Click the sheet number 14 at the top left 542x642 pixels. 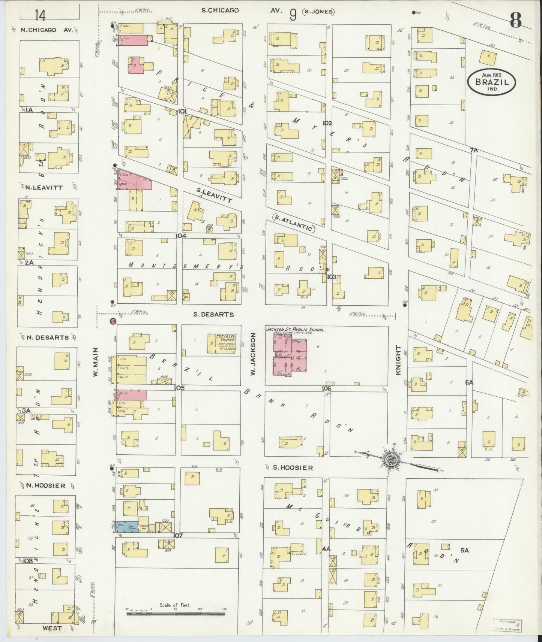click(40, 15)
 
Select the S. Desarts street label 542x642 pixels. click(213, 315)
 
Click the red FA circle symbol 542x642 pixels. click(112, 321)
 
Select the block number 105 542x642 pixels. click(179, 388)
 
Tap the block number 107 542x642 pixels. click(178, 536)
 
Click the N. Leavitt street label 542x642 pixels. click(42, 187)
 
